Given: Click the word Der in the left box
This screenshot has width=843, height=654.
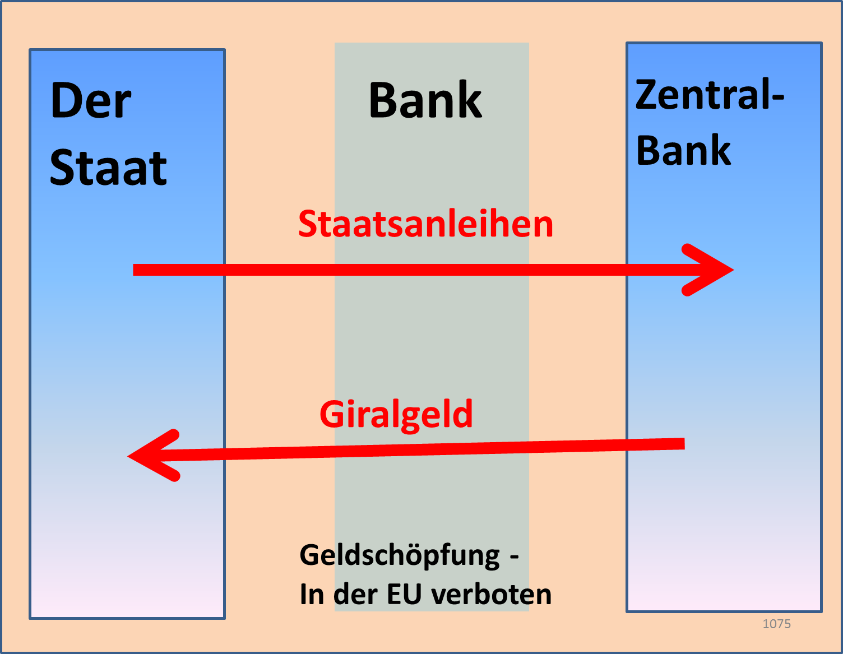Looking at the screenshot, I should pyautogui.click(x=91, y=101).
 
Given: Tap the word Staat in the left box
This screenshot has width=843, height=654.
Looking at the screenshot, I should pyautogui.click(x=108, y=168).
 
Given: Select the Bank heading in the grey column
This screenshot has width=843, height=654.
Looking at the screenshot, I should pyautogui.click(x=425, y=101).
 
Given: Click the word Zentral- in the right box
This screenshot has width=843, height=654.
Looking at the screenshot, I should pyautogui.click(x=709, y=95).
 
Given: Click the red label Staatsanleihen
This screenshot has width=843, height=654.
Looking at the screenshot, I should pyautogui.click(x=425, y=224).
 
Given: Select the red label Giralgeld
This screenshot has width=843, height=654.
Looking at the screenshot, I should pyautogui.click(x=396, y=415).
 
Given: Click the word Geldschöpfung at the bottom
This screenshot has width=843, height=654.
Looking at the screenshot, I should pyautogui.click(x=399, y=555).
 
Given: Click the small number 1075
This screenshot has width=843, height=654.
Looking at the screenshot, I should pyautogui.click(x=776, y=624).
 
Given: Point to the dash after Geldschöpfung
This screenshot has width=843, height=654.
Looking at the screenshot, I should pyautogui.click(x=513, y=557).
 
